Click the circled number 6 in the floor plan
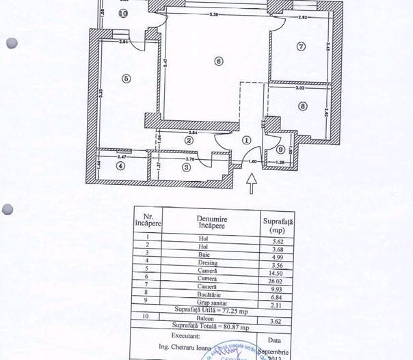tap(219, 61)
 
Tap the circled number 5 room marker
tap(126, 78)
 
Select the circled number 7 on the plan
tap(301, 46)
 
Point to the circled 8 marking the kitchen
tap(303, 106)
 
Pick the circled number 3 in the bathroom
tap(185, 166)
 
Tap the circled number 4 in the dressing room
tap(121, 165)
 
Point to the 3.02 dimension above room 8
tap(299, 88)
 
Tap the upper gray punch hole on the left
tap(11, 42)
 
